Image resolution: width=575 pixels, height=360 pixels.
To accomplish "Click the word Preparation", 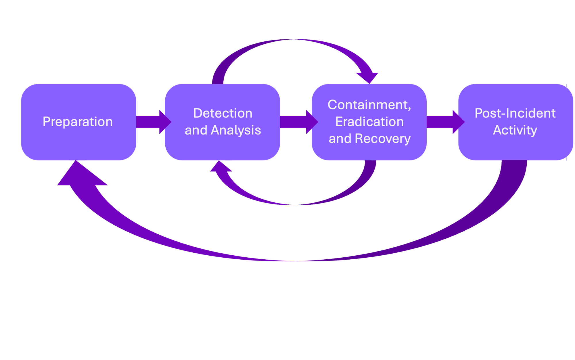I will coord(78,122).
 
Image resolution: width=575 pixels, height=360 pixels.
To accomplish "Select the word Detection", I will coord(223,113).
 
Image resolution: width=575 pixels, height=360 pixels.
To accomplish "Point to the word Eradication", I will coord(369,122).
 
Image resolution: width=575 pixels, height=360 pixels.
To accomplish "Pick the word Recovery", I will coord(383,139).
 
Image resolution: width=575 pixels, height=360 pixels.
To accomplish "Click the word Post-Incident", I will coord(515,113).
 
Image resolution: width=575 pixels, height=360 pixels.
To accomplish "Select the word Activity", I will coord(515,130).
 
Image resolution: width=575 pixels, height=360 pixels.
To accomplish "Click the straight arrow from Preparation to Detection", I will coord(152,122).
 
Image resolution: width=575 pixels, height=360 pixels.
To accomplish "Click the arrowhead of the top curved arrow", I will coord(368,77).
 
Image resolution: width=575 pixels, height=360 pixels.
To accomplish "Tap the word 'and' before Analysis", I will coord(196,131).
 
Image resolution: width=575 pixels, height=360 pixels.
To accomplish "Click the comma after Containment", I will coord(409,108).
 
